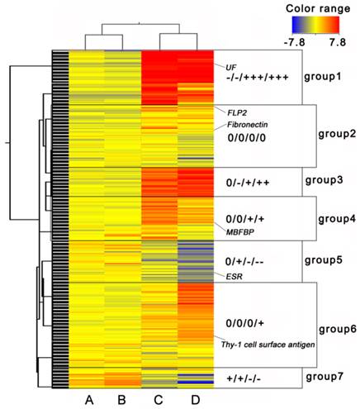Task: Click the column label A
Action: tap(88, 400)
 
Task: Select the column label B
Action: tap(124, 400)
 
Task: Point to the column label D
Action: tap(195, 400)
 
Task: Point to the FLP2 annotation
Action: tap(229, 109)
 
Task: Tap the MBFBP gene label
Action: tap(239, 233)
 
